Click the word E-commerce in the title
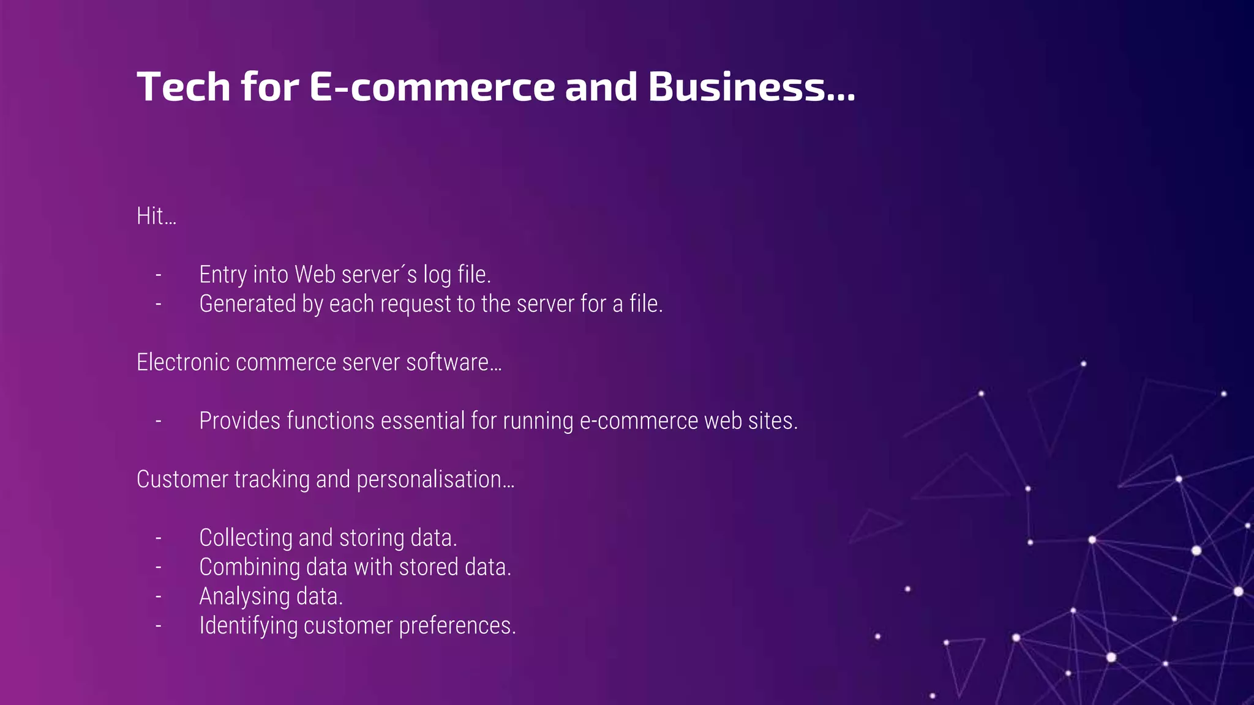tap(432, 87)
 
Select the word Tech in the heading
tap(183, 87)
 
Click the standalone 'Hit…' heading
tap(156, 216)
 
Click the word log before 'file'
tap(437, 275)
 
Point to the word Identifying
tap(248, 626)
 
